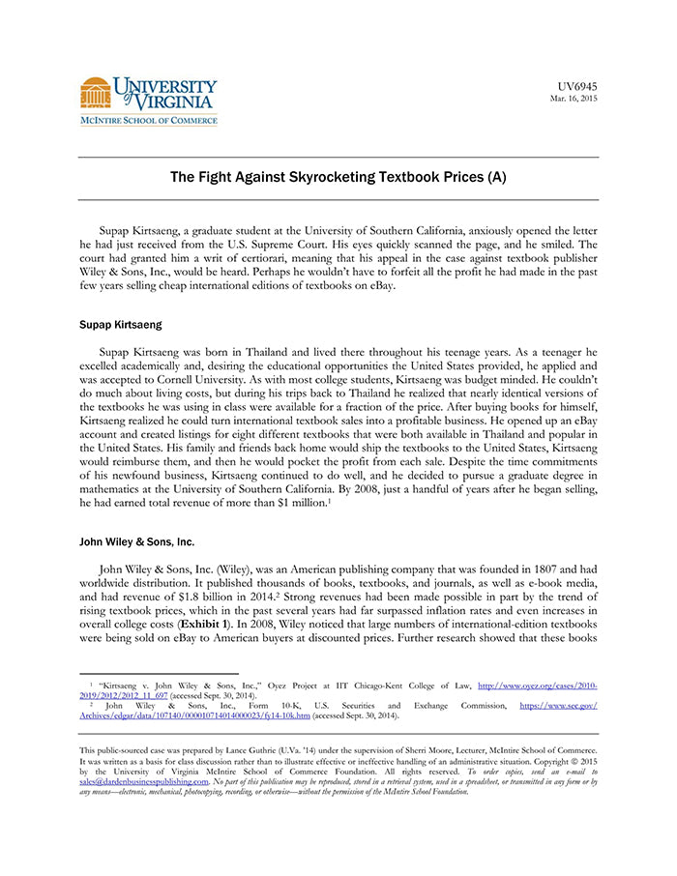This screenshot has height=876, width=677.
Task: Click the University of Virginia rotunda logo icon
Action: pos(95,94)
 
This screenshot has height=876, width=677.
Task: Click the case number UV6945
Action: pos(578,87)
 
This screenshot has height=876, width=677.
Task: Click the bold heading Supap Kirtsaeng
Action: pos(120,324)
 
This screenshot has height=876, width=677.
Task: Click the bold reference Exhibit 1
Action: pos(226,627)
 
